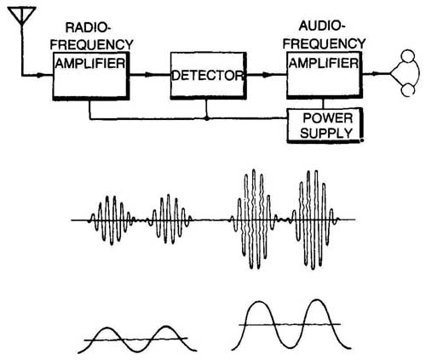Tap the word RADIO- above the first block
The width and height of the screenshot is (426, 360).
point(88,28)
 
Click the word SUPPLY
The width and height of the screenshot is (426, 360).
point(326,133)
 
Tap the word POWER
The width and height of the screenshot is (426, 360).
point(328,118)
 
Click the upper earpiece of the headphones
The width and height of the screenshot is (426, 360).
point(408,56)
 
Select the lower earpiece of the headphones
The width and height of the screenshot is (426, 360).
point(408,90)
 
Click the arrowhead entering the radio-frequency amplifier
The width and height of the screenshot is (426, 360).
point(40,76)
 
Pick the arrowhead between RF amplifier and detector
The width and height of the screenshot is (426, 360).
point(149,75)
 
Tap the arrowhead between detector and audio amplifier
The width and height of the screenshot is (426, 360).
point(267,75)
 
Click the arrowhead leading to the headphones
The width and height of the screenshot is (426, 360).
point(376,74)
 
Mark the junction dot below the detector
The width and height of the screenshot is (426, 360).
point(207,118)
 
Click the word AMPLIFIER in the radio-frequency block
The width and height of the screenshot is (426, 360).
point(90,63)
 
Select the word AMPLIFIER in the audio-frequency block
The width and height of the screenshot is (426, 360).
point(324,63)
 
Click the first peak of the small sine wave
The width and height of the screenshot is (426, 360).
point(107,329)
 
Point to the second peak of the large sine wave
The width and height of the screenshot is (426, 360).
point(316,300)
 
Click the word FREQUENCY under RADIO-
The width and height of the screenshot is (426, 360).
point(92,45)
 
